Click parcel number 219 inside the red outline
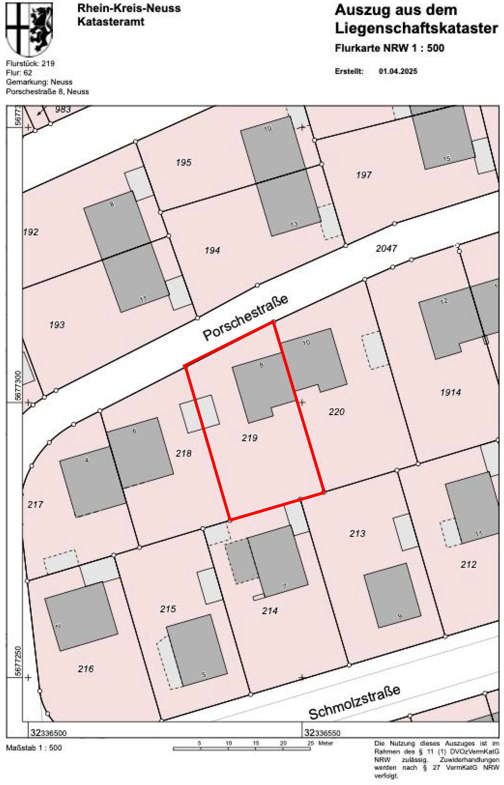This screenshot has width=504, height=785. [249, 438]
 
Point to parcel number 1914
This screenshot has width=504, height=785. [450, 392]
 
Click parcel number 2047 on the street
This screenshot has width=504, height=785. [386, 248]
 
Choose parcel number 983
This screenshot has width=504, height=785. [63, 109]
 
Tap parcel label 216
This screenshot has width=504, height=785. [86, 668]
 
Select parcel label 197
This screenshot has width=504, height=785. [364, 175]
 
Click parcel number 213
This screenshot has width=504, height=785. [357, 533]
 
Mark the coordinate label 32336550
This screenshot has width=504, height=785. [322, 733]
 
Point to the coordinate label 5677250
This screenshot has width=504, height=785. [18, 661]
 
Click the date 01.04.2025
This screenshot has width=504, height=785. [398, 71]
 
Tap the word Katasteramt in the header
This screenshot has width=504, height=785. [110, 21]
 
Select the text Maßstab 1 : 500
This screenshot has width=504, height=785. [34, 748]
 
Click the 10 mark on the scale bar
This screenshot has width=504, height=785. [228, 743]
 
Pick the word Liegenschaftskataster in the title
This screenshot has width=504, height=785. [416, 29]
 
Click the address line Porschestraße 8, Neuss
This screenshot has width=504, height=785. [48, 92]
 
